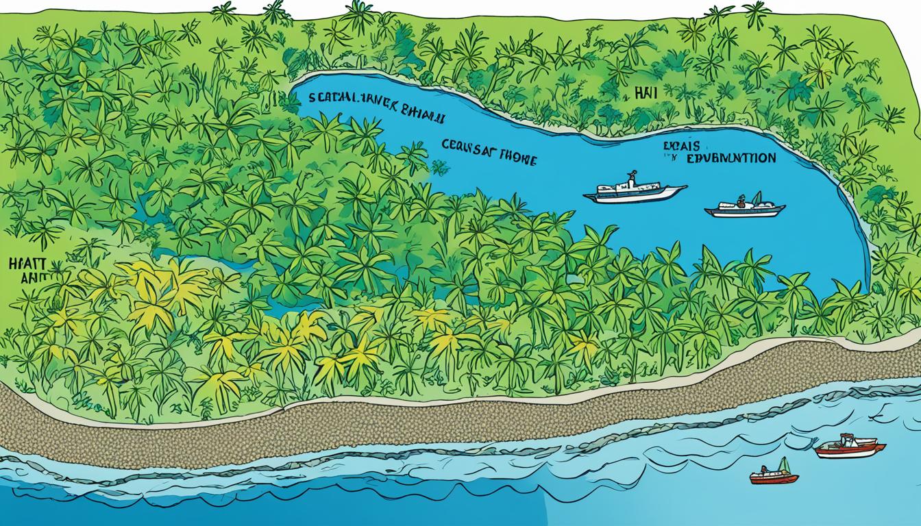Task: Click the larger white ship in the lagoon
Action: [x=634, y=192]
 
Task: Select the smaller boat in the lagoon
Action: [x=744, y=208]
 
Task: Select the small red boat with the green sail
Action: [x=773, y=475]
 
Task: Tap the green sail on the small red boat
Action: [x=787, y=465]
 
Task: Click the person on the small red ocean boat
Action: [x=767, y=469]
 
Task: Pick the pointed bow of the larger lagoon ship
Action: [x=681, y=188]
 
